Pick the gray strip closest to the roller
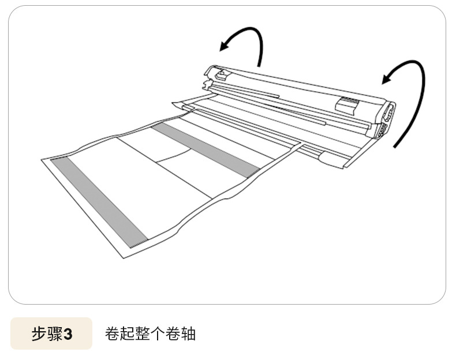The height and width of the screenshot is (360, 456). click(206, 148)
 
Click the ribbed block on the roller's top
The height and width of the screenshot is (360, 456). click(347, 104)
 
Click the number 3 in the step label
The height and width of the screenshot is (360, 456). click(68, 334)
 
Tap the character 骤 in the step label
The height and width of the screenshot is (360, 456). click(54, 334)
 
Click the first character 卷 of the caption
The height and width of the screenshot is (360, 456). click(113, 333)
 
